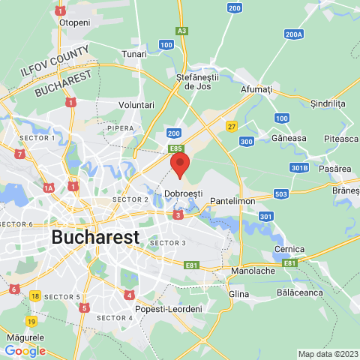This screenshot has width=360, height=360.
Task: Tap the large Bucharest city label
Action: [x=95, y=237]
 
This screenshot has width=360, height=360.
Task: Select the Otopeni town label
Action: [x=74, y=22]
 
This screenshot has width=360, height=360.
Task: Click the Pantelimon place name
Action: [x=232, y=201]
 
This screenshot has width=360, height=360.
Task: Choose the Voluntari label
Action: [x=136, y=106]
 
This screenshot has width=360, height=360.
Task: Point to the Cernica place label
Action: [x=289, y=249]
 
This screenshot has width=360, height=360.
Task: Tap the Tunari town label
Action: [x=133, y=54]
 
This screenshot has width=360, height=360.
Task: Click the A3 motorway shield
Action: [x=181, y=31]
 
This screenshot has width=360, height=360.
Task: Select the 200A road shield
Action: [x=295, y=34]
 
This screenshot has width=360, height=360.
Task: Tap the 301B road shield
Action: [x=300, y=167]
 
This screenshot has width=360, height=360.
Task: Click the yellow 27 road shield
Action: [x=232, y=126]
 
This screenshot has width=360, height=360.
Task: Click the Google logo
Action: [x=25, y=350]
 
